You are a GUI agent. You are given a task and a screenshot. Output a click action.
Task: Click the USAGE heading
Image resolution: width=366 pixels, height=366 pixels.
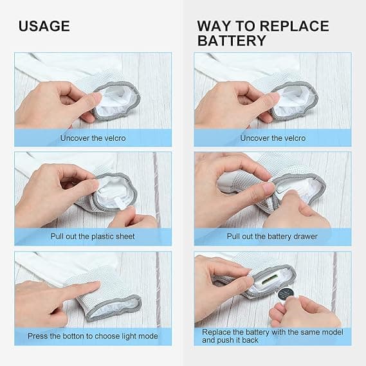pyautogui.click(x=44, y=26)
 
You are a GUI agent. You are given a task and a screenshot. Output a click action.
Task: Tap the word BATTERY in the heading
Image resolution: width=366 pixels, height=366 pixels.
pyautogui.click(x=232, y=41)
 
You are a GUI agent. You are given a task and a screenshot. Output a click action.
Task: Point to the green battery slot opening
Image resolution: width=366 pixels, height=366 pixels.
pyautogui.click(x=269, y=279)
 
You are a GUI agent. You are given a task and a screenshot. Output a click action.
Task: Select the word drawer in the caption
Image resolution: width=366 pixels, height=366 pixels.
pyautogui.click(x=306, y=237)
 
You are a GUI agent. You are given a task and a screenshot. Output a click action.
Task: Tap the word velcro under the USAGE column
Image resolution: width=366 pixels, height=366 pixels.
pyautogui.click(x=115, y=138)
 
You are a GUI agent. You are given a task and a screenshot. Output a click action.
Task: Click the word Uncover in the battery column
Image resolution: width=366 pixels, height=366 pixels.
pyautogui.click(x=253, y=138)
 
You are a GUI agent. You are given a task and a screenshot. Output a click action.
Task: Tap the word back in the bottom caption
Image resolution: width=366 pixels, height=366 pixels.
pyautogui.click(x=250, y=340)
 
